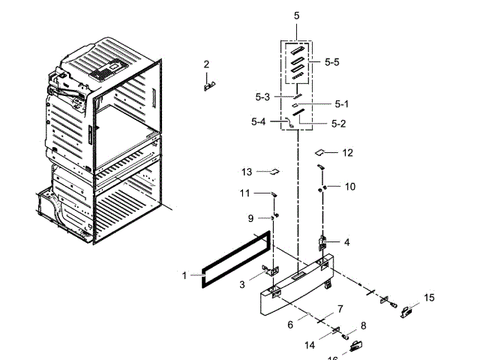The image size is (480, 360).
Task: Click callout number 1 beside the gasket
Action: pos(184,276)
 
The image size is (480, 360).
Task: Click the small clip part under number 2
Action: pos(208,85)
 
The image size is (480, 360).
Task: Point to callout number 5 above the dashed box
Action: pos(296,16)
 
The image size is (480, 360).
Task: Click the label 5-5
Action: pos(332,63)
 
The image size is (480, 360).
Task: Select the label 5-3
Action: pos(262,97)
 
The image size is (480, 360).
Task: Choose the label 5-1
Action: pos(342,104)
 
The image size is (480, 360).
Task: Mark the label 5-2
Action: pos(339,122)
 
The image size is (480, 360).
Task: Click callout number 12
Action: pos(347,153)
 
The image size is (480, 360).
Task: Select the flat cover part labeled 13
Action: pos(274,171)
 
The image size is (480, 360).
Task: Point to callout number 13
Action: pos(247,172)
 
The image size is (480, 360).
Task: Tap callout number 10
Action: pos(350,187)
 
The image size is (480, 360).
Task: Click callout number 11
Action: pos(244,193)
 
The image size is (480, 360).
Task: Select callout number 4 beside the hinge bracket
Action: pos(346,242)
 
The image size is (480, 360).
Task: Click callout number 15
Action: pos(429,298)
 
